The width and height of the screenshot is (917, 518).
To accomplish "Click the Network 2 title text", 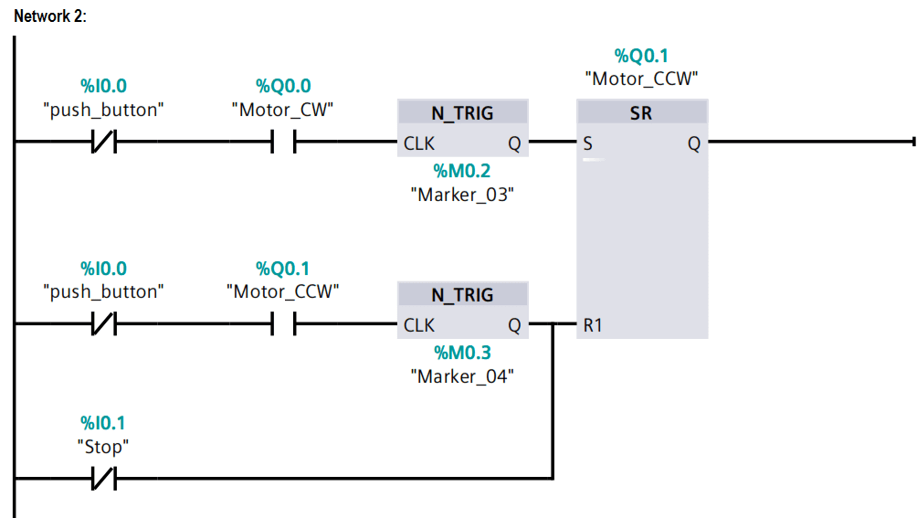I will pyautogui.click(x=50, y=17).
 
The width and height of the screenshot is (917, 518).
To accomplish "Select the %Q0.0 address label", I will pyautogui.click(x=283, y=87).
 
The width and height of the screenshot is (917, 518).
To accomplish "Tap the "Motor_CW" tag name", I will pyautogui.click(x=282, y=110).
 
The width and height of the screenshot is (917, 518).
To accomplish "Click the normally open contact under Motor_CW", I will pyautogui.click(x=283, y=143).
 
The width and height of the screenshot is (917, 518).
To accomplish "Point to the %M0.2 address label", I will pyautogui.click(x=461, y=171).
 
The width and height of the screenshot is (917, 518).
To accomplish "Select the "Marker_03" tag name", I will pyautogui.click(x=461, y=194).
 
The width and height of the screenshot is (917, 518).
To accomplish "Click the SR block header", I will pyautogui.click(x=641, y=113).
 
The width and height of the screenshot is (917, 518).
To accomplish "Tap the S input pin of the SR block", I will pyautogui.click(x=586, y=143).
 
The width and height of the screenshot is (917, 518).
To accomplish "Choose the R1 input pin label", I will pyautogui.click(x=593, y=325).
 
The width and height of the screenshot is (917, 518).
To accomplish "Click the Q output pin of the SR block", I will pyautogui.click(x=693, y=143).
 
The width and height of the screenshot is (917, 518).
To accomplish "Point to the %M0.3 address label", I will pyautogui.click(x=461, y=353).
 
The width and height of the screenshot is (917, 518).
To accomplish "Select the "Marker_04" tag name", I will pyautogui.click(x=461, y=375).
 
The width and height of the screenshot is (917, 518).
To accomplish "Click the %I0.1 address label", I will pyautogui.click(x=103, y=423).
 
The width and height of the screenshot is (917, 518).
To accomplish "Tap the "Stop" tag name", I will pyautogui.click(x=103, y=447).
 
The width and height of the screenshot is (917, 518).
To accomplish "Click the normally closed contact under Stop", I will pyautogui.click(x=103, y=478).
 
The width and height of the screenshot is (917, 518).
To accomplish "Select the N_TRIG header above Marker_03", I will pyautogui.click(x=462, y=113).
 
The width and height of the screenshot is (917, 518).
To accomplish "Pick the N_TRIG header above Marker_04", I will pyautogui.click(x=462, y=295).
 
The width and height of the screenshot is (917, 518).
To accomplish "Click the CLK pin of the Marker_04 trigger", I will pyautogui.click(x=419, y=325).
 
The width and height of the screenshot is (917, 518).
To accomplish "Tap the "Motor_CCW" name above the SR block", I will pyautogui.click(x=641, y=79).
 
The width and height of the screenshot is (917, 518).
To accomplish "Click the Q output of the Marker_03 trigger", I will pyautogui.click(x=514, y=143).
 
